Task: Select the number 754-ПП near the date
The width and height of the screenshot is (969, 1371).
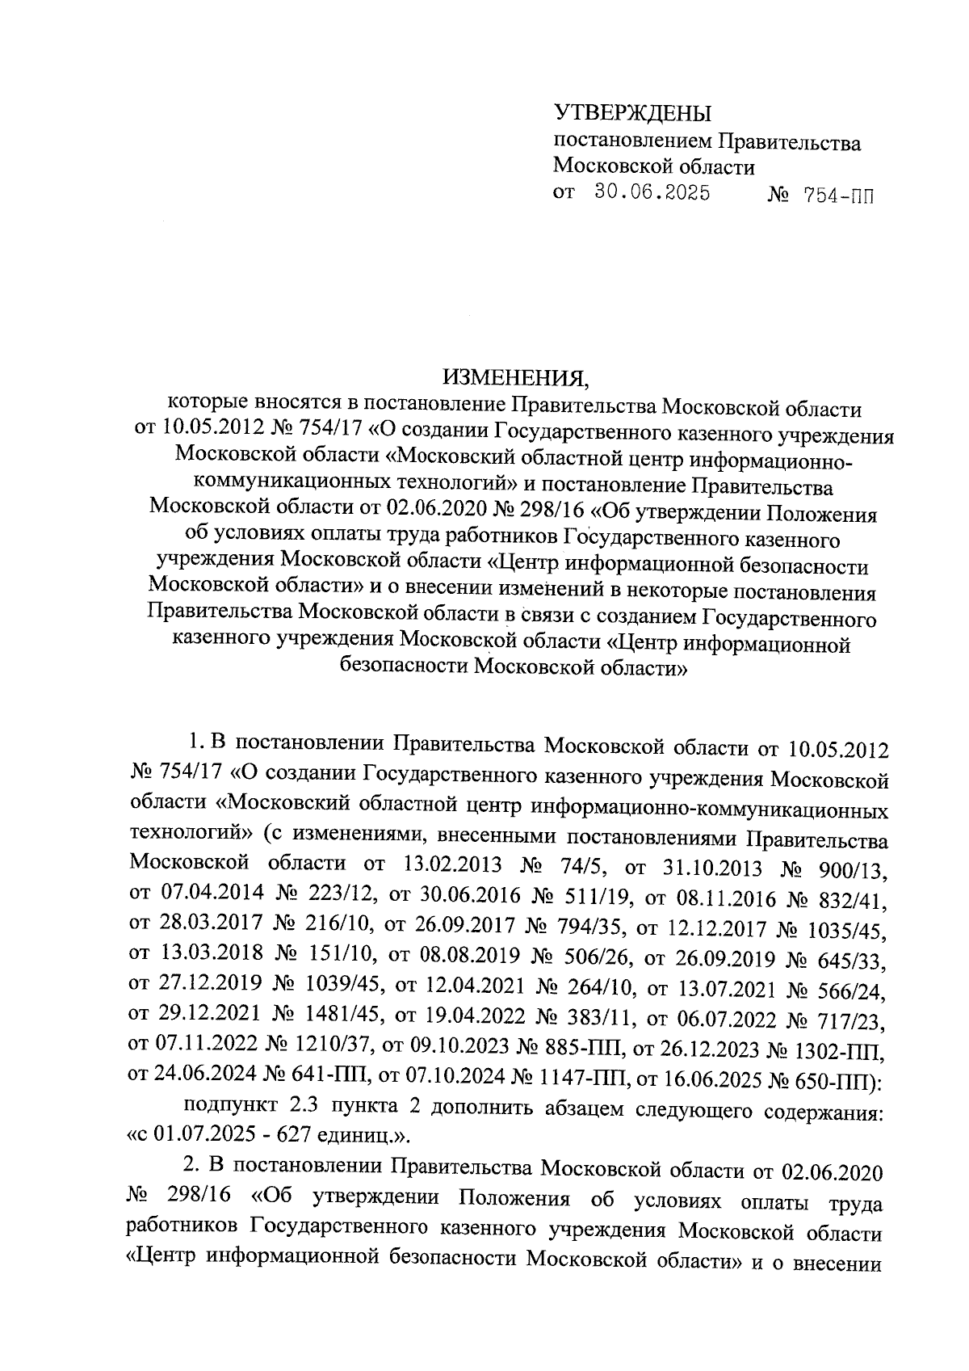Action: tap(837, 196)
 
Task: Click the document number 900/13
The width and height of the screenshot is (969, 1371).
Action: tap(850, 871)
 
